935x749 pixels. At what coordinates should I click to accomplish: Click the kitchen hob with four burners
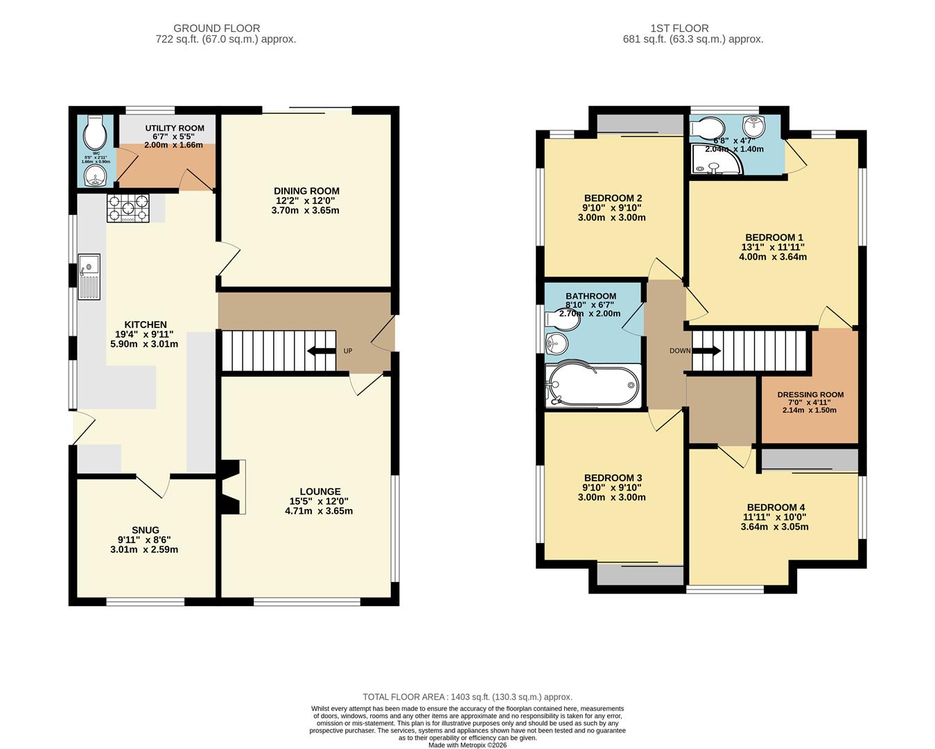(128, 208)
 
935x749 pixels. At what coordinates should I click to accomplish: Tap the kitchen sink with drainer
(89, 277)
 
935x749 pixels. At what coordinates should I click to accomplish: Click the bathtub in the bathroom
(593, 384)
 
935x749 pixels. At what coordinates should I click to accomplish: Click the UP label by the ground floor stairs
(348, 351)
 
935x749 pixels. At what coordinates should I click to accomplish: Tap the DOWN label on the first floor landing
(679, 351)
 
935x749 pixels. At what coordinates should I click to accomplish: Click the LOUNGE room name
(320, 492)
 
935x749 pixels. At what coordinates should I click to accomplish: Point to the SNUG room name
(146, 531)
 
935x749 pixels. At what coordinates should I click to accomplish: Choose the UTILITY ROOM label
(175, 128)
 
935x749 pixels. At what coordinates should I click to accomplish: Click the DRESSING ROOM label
(810, 395)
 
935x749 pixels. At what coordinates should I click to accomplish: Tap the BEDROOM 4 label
(776, 508)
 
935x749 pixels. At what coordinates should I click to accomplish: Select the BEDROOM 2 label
(613, 198)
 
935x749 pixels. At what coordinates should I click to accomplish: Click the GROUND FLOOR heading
(217, 28)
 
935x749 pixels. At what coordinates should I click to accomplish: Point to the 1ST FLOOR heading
(679, 28)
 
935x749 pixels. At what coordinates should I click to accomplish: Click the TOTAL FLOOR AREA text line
(468, 697)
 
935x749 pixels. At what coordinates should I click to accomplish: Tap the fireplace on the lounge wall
(234, 487)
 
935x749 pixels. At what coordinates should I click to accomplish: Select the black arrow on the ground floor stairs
(320, 351)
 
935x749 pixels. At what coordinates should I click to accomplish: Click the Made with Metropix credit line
(468, 745)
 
